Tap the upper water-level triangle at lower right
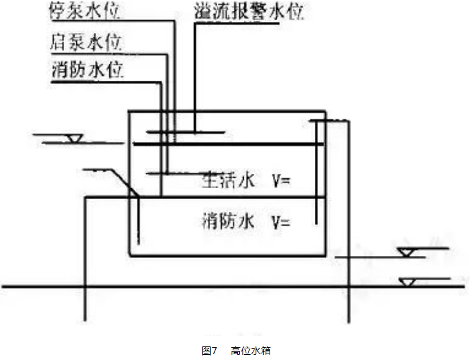coord(407,252)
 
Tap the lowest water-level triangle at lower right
coord(407,282)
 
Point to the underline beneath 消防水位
coord(103,82)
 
